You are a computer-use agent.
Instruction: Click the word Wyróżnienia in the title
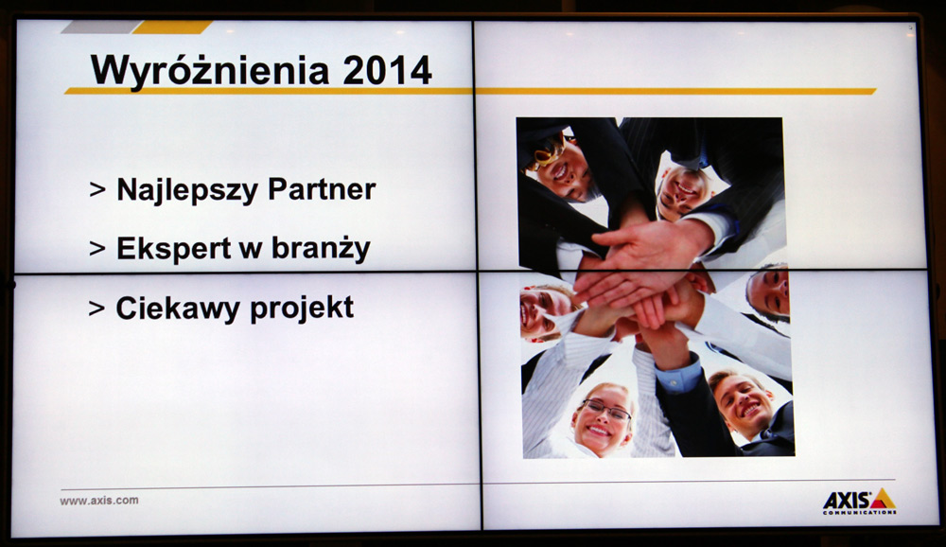pyautogui.click(x=209, y=70)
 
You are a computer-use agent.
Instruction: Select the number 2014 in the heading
pyautogui.click(x=387, y=70)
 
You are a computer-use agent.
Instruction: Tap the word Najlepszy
pyautogui.click(x=187, y=190)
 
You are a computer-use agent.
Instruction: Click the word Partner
pyautogui.click(x=322, y=189)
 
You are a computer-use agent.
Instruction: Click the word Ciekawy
pyautogui.click(x=178, y=308)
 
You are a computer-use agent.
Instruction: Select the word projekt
pyautogui.click(x=302, y=308)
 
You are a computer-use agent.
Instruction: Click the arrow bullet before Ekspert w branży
pyautogui.click(x=97, y=249)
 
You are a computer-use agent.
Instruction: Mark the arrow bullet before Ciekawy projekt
pyautogui.click(x=96, y=309)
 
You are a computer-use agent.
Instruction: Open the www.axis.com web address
pyautogui.click(x=99, y=501)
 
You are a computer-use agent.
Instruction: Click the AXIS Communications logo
pyautogui.click(x=859, y=503)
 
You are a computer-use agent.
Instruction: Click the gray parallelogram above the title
pyautogui.click(x=101, y=27)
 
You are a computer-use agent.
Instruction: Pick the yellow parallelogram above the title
pyautogui.click(x=172, y=27)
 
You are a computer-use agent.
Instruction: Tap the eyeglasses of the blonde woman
pyautogui.click(x=606, y=411)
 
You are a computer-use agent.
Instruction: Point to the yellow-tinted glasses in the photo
pyautogui.click(x=547, y=150)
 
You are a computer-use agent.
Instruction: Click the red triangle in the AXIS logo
pyautogui.click(x=882, y=499)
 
